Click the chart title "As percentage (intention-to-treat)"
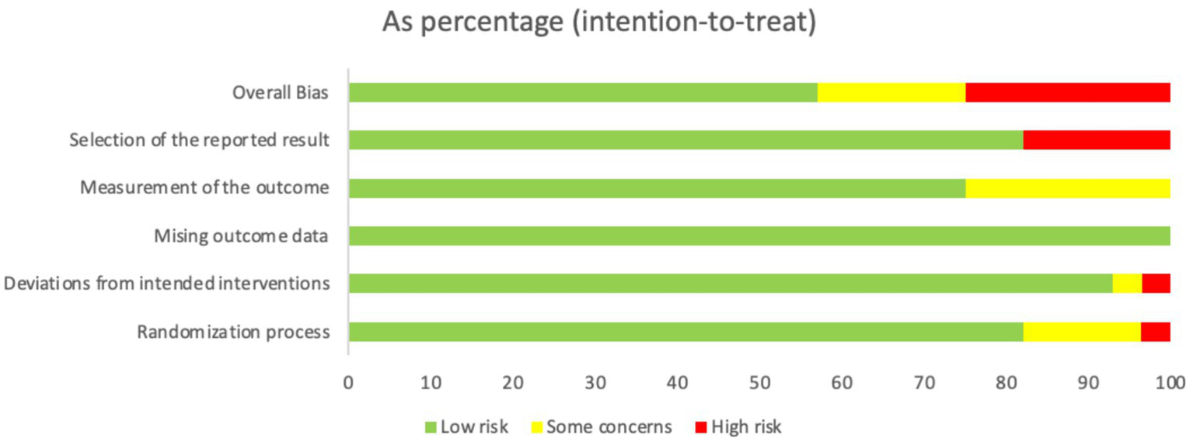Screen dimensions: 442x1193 (x=599, y=23)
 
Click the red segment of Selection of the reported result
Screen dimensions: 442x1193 (x=1097, y=141)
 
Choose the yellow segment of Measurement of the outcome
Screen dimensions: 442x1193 (x=1068, y=189)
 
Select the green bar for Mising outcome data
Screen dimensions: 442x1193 (x=759, y=236)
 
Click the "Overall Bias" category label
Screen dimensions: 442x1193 (x=281, y=93)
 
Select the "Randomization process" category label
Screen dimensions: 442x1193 (x=233, y=332)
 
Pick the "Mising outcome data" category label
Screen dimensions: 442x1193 (x=241, y=236)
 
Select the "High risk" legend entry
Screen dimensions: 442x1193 (x=739, y=426)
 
